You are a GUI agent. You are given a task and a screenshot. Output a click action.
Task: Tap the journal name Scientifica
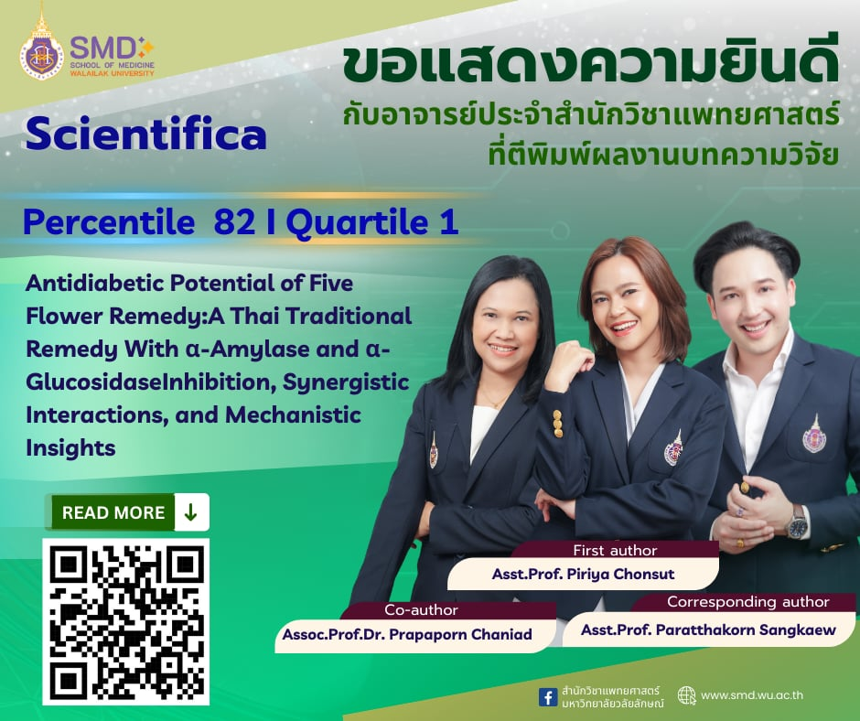pos(146,135)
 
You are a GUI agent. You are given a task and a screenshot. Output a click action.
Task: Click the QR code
pos(126,621)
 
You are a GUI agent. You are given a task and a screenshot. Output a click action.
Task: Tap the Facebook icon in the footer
pos(548,696)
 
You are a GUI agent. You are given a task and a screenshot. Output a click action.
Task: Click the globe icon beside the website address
pos(687,695)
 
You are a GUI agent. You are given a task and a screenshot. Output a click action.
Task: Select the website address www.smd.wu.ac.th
pos(752,695)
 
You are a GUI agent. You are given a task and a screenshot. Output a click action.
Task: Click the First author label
pos(615,550)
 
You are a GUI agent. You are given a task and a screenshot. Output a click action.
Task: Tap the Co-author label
pos(422,609)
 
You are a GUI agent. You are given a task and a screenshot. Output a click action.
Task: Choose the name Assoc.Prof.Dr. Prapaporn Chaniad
pos(407,634)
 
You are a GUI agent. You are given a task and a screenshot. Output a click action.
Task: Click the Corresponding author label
pos(747,602)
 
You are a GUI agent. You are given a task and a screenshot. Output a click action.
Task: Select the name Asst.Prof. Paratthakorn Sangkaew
pos(708,629)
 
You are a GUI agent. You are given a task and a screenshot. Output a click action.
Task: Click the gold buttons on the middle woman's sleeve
pos(557,423)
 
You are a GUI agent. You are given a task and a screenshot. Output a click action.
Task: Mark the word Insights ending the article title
pos(71,447)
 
